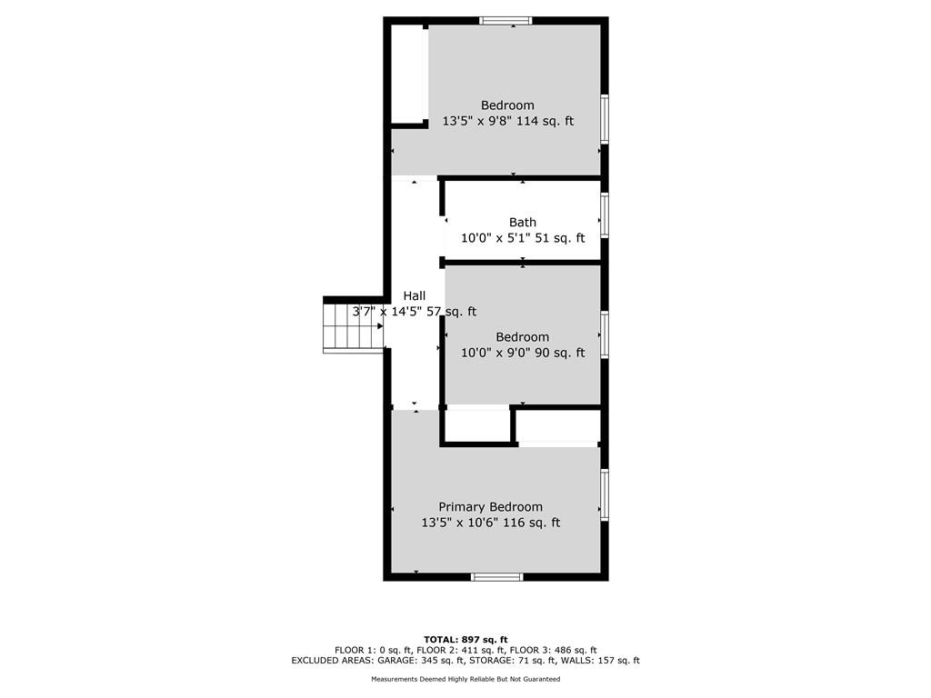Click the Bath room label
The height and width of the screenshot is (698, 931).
[523, 223]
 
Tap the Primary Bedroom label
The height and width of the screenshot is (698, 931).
[490, 507]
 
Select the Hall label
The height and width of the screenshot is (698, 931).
[415, 295]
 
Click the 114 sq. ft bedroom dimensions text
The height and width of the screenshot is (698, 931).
[508, 121]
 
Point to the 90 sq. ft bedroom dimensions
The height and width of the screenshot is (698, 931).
[523, 353]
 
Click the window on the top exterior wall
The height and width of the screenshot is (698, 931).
[506, 21]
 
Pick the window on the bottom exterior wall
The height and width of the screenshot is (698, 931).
[497, 577]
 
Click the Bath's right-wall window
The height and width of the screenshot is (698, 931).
[605, 214]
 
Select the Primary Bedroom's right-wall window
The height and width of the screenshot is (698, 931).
[605, 494]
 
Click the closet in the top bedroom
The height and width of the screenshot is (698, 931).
[407, 75]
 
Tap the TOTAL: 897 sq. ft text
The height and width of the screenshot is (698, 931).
[465, 640]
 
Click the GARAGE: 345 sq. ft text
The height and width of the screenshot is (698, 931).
[418, 660]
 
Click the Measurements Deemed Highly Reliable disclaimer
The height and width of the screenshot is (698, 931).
[465, 679]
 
